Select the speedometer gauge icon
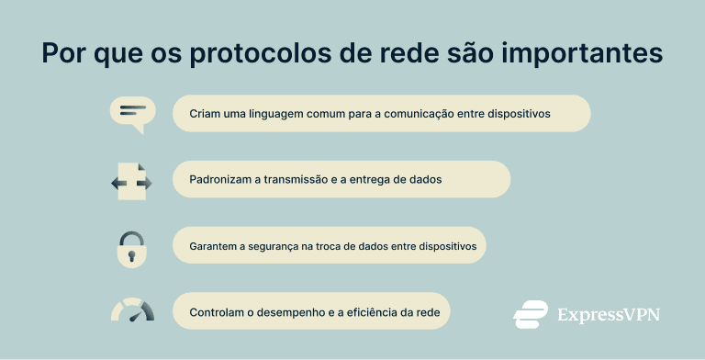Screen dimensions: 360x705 (x=132, y=309)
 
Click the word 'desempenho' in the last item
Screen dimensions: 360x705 (x=298, y=312)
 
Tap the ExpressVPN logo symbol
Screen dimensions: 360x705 (x=531, y=314)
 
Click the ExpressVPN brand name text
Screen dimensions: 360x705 (x=609, y=315)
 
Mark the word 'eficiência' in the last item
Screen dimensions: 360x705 (x=375, y=312)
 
